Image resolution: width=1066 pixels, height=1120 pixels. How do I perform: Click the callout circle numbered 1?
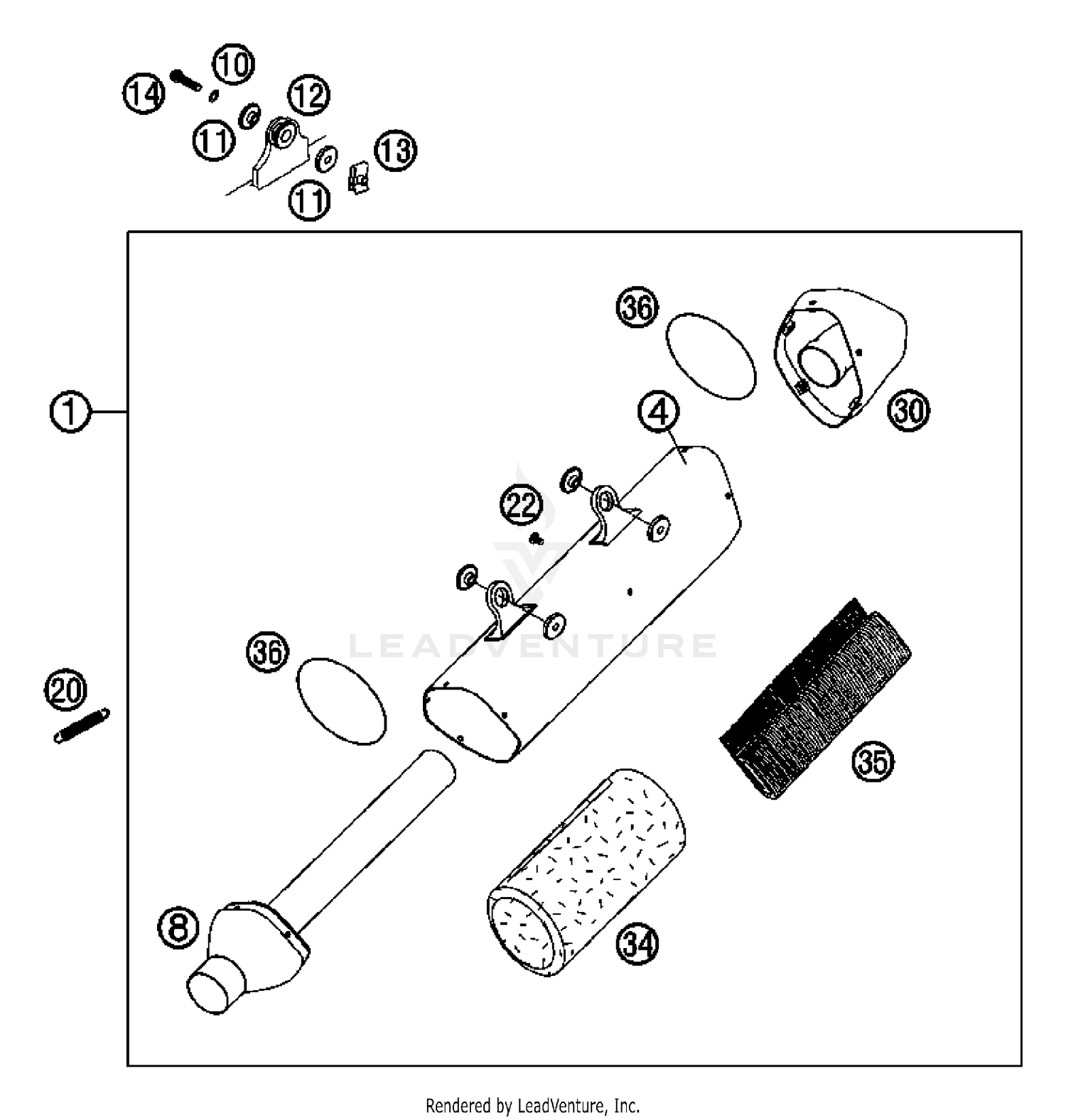coord(70,412)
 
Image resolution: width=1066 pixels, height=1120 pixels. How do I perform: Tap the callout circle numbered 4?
coord(659,411)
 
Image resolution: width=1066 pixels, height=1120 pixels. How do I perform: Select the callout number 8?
coord(178,927)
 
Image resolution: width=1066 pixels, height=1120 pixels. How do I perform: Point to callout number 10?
coord(234,65)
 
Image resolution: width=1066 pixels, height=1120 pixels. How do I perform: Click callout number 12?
coord(308,94)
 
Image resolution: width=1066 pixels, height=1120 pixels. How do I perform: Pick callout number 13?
coord(395,150)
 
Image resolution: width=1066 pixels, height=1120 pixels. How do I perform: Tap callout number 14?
coord(144,94)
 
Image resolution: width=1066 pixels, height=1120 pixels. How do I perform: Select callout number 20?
coord(66,690)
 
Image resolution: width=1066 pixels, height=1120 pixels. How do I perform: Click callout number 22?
coord(521,506)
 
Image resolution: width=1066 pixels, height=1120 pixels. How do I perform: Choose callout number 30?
coord(909,411)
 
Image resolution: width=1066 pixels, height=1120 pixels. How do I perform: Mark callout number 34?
coord(637,945)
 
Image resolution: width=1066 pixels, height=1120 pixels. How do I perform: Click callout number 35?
coord(873,762)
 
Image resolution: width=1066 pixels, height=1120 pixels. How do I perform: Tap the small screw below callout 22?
coord(537,540)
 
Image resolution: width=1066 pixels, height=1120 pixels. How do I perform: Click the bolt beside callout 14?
coord(187,80)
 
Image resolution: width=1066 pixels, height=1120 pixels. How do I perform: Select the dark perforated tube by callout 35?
coord(816,700)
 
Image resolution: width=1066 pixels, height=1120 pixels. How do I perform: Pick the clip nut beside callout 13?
coord(359,178)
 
